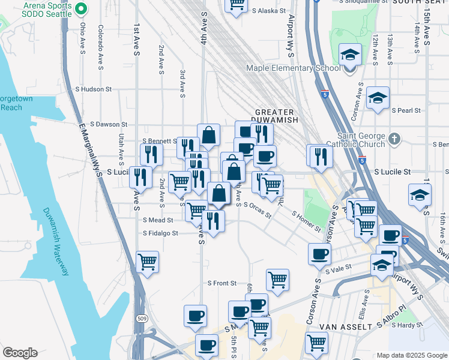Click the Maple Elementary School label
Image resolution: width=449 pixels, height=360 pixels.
point(294,68)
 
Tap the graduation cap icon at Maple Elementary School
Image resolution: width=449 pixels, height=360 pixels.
point(349,56)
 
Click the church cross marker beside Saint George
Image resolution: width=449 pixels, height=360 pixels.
point(394,139)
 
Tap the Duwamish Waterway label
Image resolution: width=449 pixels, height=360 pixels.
point(55,242)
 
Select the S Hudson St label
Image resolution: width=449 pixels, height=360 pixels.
point(93,89)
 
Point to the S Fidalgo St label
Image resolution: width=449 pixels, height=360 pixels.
point(160,233)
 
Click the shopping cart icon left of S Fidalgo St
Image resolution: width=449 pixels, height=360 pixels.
point(147,262)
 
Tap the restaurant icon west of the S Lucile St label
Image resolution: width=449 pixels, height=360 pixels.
point(140,176)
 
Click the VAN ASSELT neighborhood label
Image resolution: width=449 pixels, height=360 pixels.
point(340,326)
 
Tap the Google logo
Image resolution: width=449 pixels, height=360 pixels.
point(19,353)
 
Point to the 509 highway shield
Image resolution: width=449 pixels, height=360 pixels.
point(141,317)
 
